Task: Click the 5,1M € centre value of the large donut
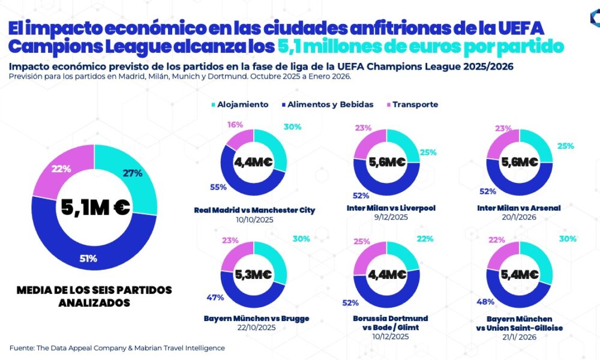click(x=95, y=207)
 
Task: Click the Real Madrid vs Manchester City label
click(x=254, y=210)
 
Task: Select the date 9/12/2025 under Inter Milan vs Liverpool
click(x=391, y=217)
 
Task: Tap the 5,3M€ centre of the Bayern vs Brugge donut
click(x=253, y=275)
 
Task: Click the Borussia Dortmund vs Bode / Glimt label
click(x=391, y=323)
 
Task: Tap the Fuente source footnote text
click(x=117, y=347)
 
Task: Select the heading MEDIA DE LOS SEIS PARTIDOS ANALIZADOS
click(x=94, y=296)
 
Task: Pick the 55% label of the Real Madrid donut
click(x=218, y=187)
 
